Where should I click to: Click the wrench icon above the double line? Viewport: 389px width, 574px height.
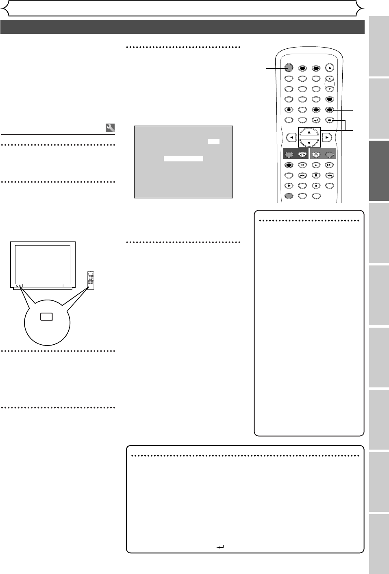click(x=110, y=128)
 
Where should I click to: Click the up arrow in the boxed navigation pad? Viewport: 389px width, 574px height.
click(x=309, y=132)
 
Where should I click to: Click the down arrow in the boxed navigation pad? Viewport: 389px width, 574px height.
click(x=309, y=142)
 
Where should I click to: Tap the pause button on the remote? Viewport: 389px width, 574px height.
click(x=316, y=176)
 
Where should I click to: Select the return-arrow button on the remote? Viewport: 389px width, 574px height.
click(x=316, y=120)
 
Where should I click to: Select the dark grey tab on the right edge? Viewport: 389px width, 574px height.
click(x=379, y=170)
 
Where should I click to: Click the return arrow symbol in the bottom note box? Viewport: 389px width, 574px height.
click(x=221, y=547)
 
